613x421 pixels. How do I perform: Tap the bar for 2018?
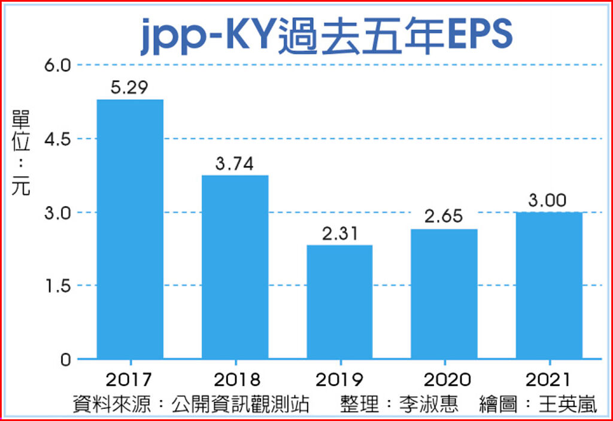235,267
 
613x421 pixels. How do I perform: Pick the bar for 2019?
339,302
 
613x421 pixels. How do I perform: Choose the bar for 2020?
444,293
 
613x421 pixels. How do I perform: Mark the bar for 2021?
549,285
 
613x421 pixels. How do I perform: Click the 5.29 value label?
130,87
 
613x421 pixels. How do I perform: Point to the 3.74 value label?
235,163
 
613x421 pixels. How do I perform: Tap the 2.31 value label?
339,233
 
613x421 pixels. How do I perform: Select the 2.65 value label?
444,216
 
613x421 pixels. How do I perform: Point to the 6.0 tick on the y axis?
58,65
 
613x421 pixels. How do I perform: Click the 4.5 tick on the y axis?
58,138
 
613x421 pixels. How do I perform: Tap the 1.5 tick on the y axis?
58,286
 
